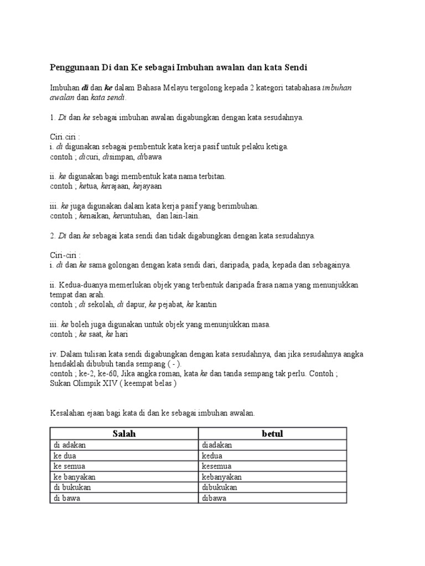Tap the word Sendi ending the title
[x=293, y=67]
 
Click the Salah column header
[x=124, y=434]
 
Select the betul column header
[x=272, y=434]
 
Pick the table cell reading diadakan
[x=217, y=445]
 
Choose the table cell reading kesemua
[x=218, y=467]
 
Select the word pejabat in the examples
[x=172, y=304]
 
